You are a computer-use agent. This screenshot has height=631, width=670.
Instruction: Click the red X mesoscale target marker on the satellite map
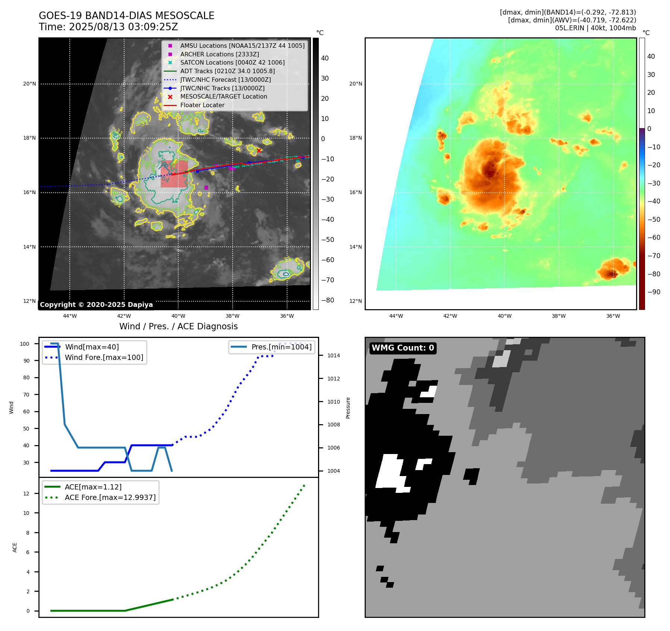259,150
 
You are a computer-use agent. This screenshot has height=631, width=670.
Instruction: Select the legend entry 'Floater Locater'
202,105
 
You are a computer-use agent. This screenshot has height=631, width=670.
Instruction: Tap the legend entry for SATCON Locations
232,63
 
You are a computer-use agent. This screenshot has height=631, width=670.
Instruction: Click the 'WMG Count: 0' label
403,348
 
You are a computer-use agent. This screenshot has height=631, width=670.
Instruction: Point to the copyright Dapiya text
96,305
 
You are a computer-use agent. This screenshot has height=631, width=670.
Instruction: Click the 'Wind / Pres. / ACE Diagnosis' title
178,326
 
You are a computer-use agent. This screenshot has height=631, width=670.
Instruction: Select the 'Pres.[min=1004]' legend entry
281,347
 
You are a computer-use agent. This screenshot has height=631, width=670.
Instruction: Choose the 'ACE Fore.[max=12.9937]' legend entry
110,497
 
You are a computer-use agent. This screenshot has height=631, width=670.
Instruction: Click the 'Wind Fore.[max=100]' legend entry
104,357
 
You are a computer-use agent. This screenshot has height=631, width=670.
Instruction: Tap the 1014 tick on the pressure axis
334,355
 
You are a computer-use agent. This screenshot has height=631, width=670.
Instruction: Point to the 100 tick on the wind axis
25,344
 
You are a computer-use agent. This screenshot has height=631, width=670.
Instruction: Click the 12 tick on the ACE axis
26,494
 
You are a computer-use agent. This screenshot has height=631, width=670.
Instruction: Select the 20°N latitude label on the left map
29,84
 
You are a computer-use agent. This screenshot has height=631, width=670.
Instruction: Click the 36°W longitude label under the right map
613,316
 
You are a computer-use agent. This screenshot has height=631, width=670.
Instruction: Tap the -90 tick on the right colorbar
654,292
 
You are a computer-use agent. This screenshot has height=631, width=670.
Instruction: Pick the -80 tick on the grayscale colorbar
328,300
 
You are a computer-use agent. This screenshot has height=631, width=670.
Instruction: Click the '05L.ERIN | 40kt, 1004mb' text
595,28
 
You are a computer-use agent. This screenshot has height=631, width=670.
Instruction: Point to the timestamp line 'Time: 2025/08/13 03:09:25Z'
108,27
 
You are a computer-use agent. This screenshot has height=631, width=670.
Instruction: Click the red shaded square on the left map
174,174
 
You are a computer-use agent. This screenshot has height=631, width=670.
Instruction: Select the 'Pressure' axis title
348,408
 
